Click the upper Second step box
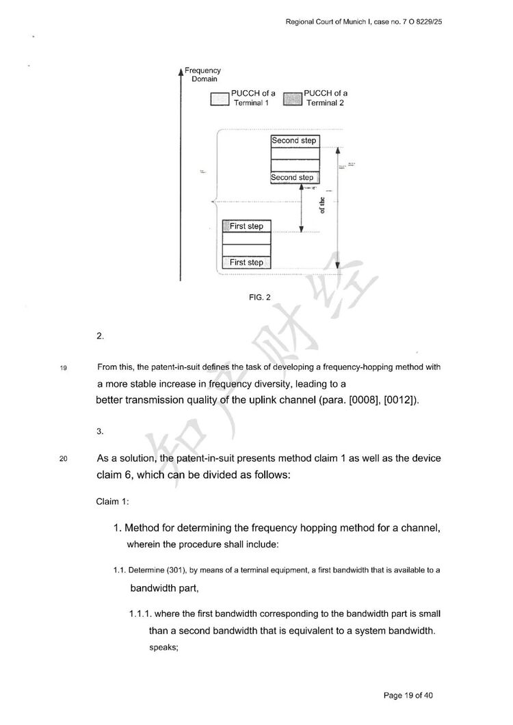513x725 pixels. pos(294,141)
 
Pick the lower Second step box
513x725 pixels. pos(292,178)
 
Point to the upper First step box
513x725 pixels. pos(246,226)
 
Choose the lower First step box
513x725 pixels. pos(246,263)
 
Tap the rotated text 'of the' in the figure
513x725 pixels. pos(323,206)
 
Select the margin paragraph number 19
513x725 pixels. pos(64,368)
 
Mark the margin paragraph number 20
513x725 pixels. pos(64,459)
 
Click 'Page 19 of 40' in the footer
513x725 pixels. pos(408,696)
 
